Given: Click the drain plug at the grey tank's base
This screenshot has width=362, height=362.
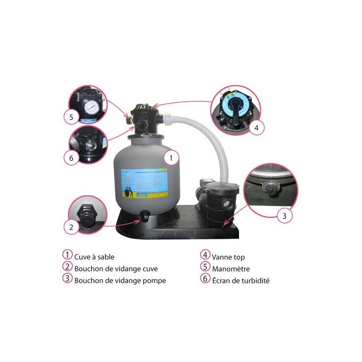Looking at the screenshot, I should pyautogui.click(x=145, y=218).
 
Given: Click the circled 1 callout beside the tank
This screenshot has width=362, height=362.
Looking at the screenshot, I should pyautogui.click(x=171, y=158).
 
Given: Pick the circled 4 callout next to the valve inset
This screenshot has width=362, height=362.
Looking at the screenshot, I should pyautogui.click(x=256, y=128).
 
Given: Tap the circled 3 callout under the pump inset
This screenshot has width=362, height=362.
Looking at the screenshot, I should pyautogui.click(x=284, y=216).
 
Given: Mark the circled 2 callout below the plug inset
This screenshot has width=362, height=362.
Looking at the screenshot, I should pyautogui.click(x=71, y=228).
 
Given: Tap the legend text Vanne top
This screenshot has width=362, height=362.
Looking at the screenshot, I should pyautogui.click(x=228, y=257).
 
